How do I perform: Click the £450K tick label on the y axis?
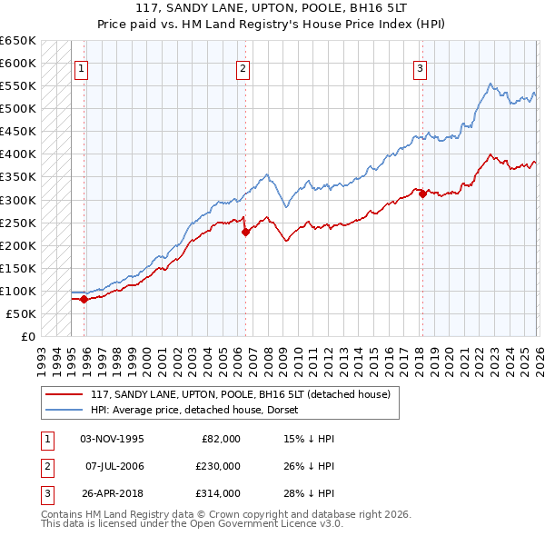[18, 131]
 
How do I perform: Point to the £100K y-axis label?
[18, 291]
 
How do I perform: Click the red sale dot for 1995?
[84, 298]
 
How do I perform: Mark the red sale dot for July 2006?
[245, 231]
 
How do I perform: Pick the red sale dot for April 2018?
[422, 193]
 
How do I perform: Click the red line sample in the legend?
[63, 394]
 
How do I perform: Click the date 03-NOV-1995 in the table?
[112, 439]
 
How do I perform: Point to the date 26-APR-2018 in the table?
[112, 493]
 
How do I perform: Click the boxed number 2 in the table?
[45, 466]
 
